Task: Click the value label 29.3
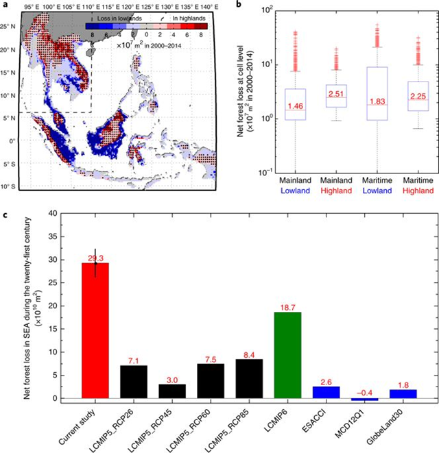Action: pyautogui.click(x=95, y=258)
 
